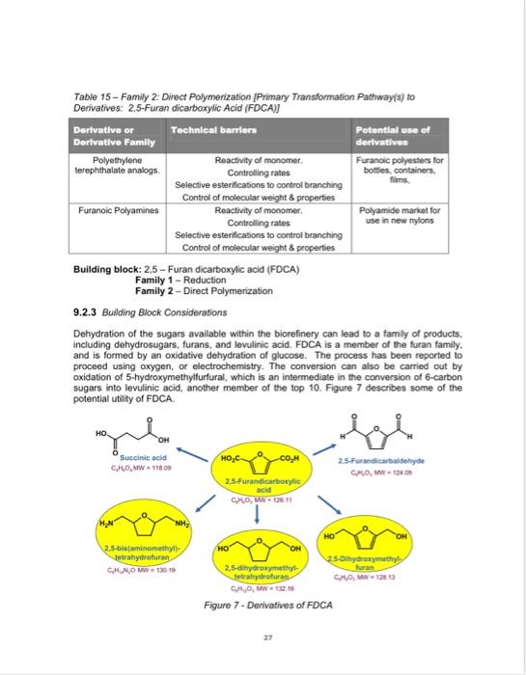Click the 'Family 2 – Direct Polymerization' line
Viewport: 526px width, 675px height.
pos(199,263)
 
